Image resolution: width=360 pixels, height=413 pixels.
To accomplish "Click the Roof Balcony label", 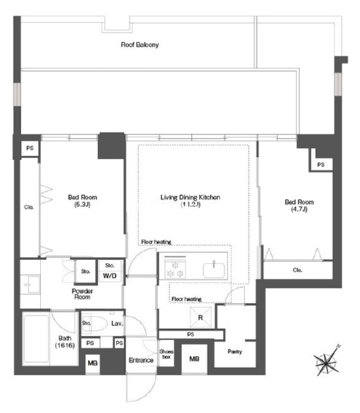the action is tap(139, 45).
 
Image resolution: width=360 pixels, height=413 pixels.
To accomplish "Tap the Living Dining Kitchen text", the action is tap(190, 197).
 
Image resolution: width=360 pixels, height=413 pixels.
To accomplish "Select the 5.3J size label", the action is tap(82, 205).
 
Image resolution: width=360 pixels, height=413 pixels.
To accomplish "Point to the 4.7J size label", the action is tap(299, 209).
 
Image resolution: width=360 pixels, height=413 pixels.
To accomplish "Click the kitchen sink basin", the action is tap(214, 270).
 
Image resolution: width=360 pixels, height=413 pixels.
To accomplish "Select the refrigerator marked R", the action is tap(200, 318).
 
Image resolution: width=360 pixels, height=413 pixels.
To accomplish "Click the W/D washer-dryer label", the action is tap(110, 276).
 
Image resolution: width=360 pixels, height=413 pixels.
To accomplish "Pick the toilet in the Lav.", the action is tap(95, 323).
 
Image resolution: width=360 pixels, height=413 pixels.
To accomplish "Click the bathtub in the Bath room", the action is tap(36, 338).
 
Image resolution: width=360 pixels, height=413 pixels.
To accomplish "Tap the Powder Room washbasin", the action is tap(31, 285).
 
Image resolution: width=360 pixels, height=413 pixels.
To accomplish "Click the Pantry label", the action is tap(235, 352).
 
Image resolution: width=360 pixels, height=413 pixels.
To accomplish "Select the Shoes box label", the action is tap(166, 354).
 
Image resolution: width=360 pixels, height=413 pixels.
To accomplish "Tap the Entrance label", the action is tap(141, 360).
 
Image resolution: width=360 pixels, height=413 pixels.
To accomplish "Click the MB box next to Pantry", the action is tap(195, 359).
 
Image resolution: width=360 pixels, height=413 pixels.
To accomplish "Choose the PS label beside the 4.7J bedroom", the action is tap(321, 165).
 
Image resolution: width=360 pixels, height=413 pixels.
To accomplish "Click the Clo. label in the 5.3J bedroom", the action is tap(29, 207).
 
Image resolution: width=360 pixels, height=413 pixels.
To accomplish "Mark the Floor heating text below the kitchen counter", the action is tap(187, 299).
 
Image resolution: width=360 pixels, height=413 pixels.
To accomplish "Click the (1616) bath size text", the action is tap(65, 345).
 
